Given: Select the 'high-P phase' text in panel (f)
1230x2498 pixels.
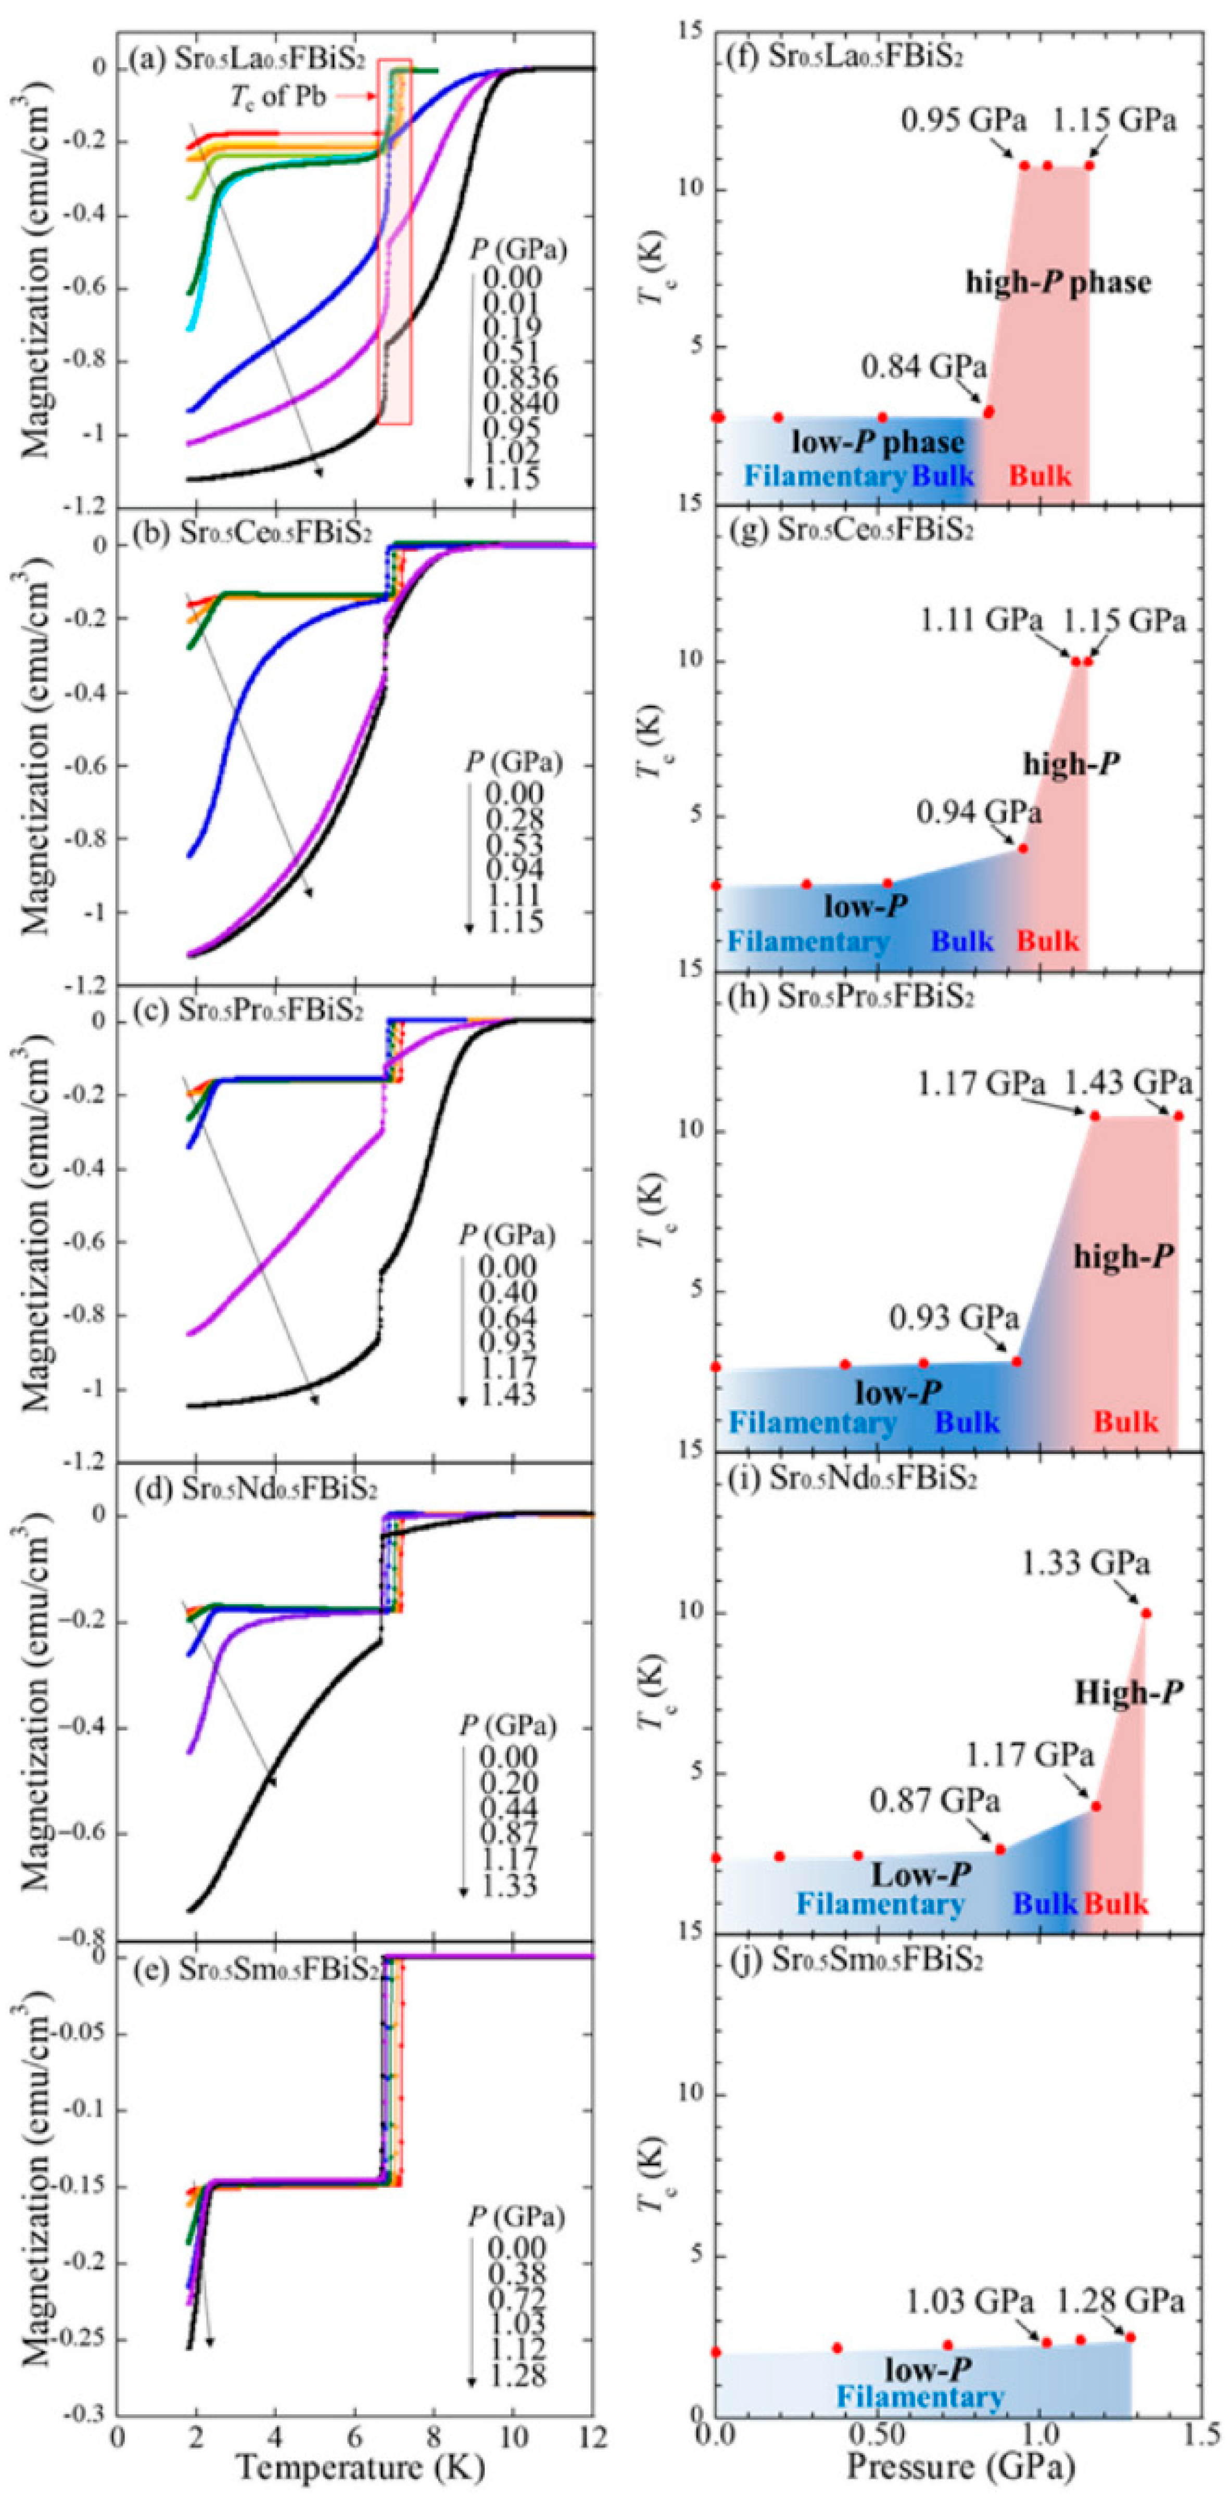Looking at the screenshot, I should point(1057,283).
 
